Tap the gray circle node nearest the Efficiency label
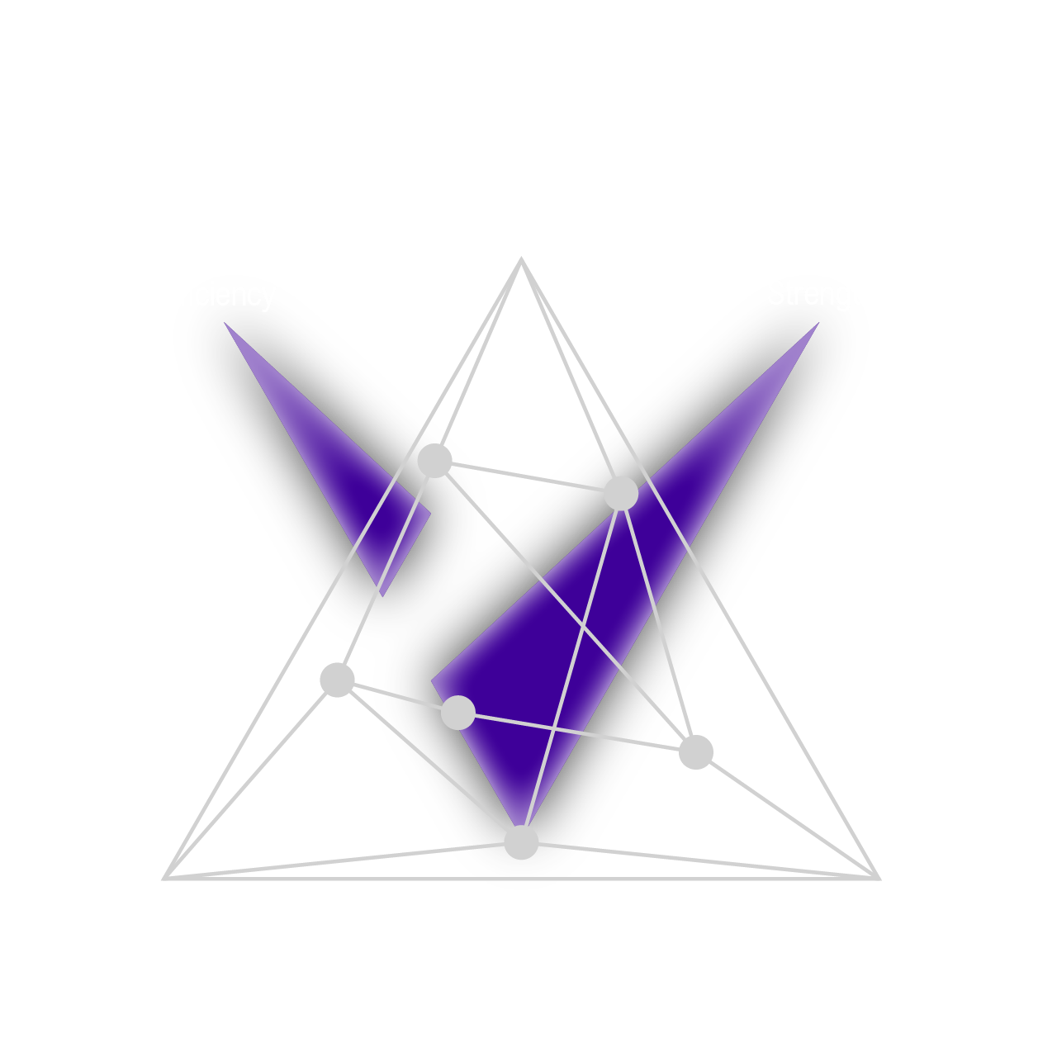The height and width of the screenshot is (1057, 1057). tap(434, 460)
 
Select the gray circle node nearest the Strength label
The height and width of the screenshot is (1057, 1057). tap(621, 494)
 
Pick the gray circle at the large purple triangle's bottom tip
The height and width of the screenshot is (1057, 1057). tap(521, 842)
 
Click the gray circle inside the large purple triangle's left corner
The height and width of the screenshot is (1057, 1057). tap(458, 712)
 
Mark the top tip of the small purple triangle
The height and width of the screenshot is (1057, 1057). tap(225, 323)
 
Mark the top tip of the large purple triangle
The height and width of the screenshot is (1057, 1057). tap(818, 323)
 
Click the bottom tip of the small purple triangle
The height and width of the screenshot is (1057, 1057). tap(382, 595)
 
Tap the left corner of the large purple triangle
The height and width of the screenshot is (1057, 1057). tap(432, 682)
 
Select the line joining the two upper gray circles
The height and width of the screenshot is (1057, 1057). tap(528, 477)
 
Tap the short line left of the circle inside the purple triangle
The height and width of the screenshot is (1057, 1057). tap(409, 698)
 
